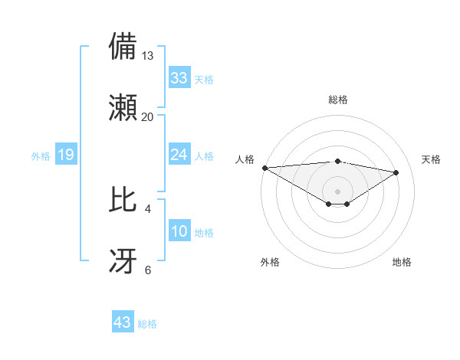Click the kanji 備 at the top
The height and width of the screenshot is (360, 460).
123,47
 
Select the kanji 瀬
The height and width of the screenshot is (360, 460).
123,107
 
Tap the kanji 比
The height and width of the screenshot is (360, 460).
123,200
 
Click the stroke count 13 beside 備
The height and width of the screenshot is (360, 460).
148,56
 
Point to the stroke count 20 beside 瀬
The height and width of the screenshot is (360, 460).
148,117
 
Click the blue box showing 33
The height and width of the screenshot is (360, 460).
179,78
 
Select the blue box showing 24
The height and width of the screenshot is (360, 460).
179,155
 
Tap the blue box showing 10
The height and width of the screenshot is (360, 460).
179,231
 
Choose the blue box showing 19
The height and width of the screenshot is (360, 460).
66,155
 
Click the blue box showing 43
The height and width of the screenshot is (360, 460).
123,322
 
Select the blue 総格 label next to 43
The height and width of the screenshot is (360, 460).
147,324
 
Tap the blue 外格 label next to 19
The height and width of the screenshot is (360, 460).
41,156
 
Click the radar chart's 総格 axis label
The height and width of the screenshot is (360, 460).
337,100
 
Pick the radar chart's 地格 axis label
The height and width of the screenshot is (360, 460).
402,262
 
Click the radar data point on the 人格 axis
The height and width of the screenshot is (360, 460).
264,167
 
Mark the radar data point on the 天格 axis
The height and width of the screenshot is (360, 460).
396,172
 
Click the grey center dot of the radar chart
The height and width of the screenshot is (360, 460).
337,191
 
